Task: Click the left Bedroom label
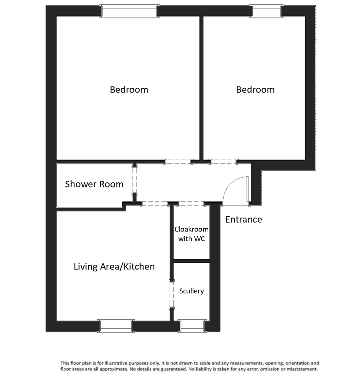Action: click(129, 90)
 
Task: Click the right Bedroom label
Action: click(255, 90)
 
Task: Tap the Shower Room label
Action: click(94, 184)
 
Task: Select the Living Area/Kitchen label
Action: click(114, 267)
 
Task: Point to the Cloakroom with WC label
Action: click(192, 234)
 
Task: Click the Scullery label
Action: click(192, 291)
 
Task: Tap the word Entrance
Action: click(243, 219)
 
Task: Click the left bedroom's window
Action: click(129, 11)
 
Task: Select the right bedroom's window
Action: click(266, 11)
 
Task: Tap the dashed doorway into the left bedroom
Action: click(178, 161)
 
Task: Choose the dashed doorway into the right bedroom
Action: click(224, 161)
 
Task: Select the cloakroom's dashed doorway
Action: click(191, 203)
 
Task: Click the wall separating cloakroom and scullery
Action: click(192, 261)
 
